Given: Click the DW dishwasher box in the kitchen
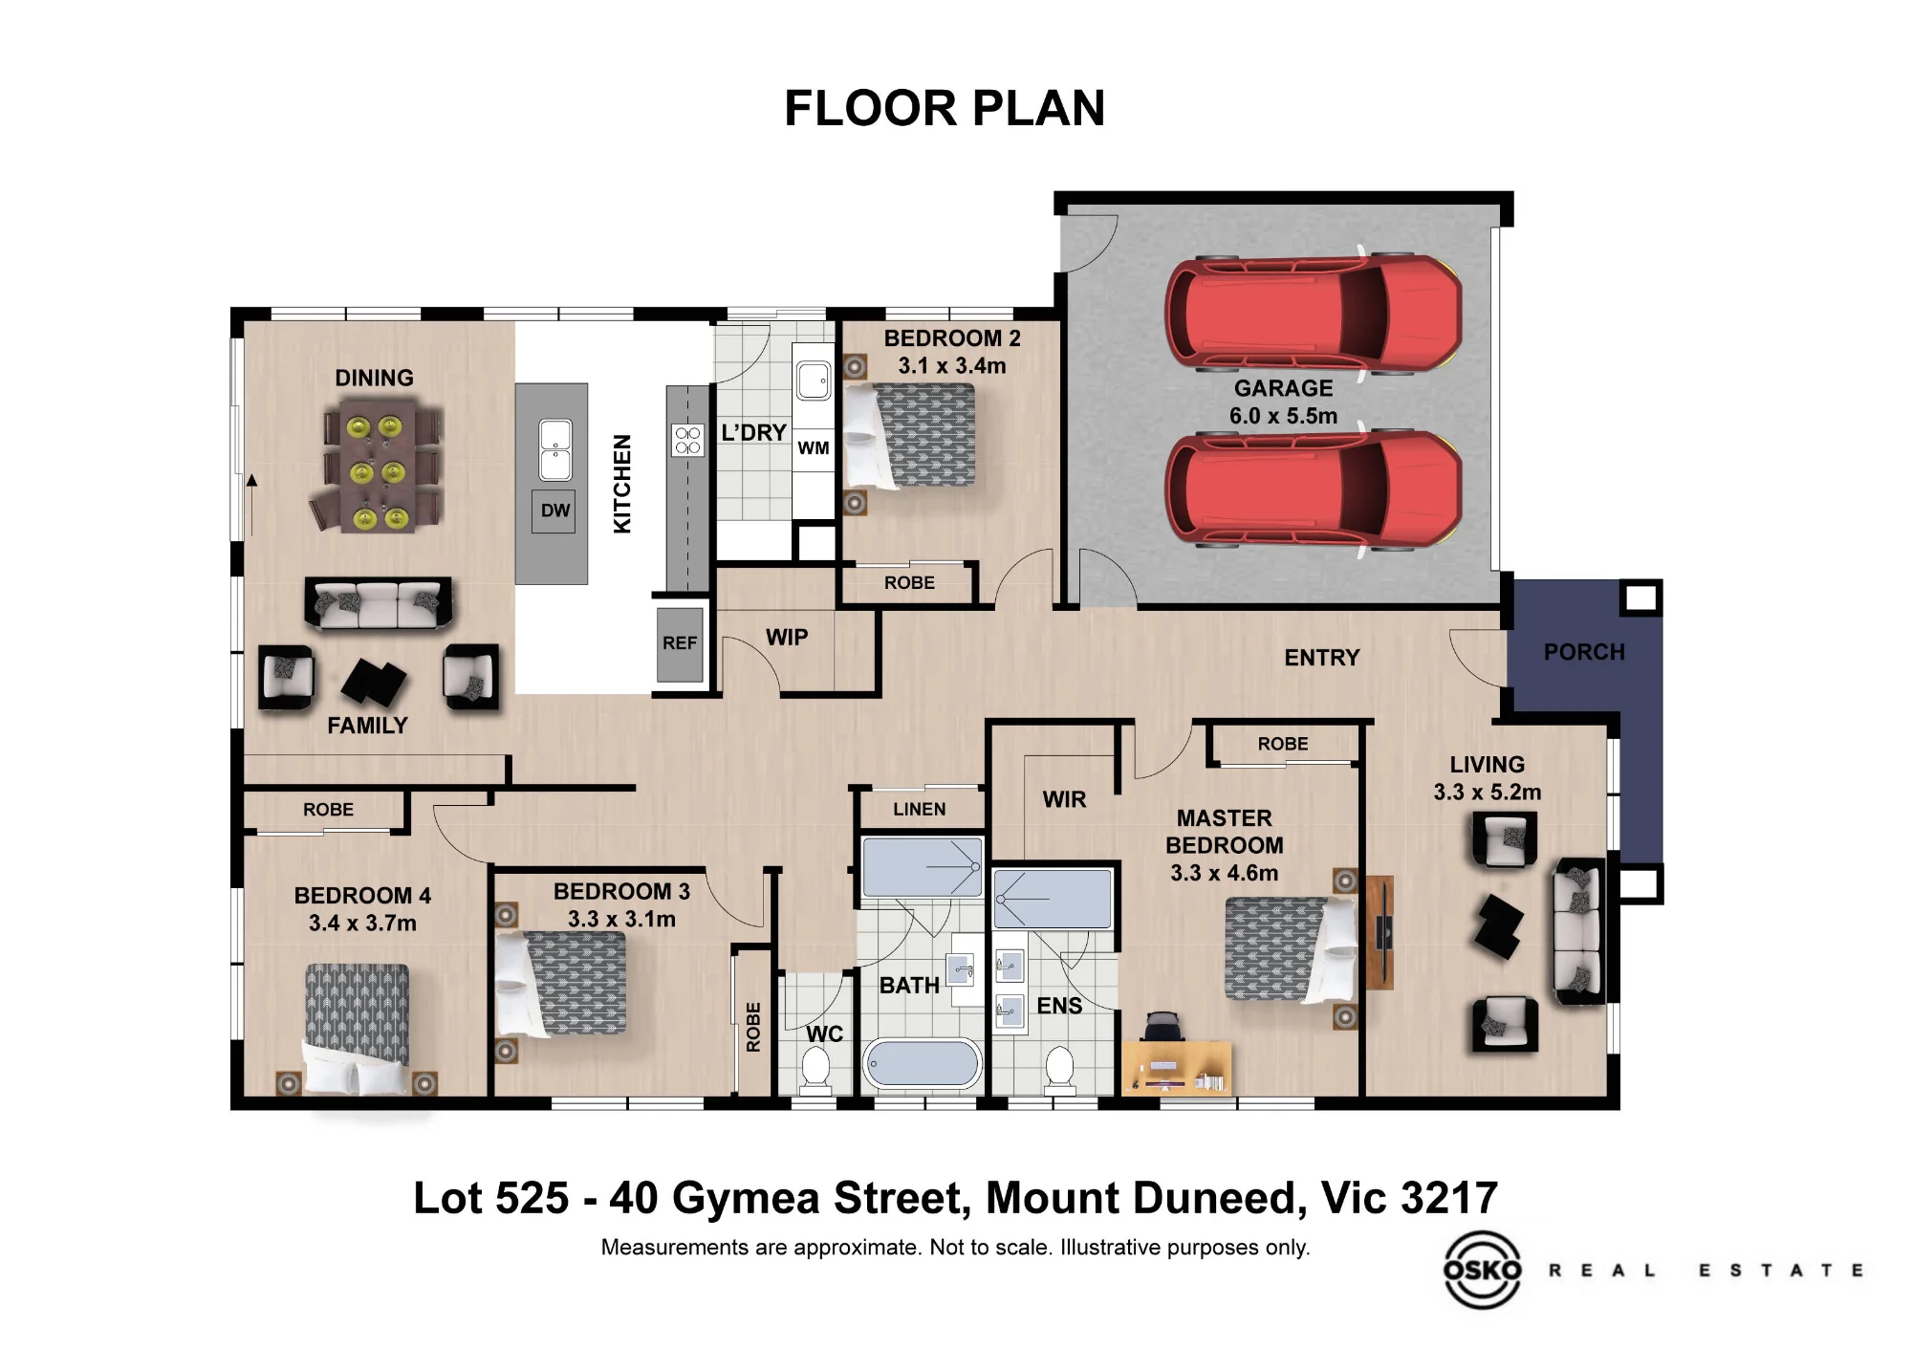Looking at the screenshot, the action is click(x=554, y=511).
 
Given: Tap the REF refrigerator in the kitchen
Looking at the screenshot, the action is click(x=680, y=643).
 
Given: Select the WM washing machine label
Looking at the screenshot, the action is click(x=814, y=447).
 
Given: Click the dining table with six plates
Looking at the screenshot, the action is click(x=376, y=467).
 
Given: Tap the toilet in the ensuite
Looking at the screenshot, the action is click(x=1059, y=1068).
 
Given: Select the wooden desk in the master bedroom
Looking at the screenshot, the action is click(x=1177, y=1067).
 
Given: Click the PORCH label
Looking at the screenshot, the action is click(x=1584, y=652).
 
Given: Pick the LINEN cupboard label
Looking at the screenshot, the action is click(x=920, y=809).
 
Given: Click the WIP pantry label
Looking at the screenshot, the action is click(x=787, y=638).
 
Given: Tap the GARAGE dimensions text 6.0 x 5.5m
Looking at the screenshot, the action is click(x=1283, y=416).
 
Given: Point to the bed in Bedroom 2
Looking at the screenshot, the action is click(x=910, y=435).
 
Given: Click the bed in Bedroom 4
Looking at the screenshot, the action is click(x=357, y=1029).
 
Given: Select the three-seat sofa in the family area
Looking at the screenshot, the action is click(x=379, y=603).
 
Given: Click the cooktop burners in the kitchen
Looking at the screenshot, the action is click(x=687, y=440).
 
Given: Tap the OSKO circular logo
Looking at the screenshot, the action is click(x=1482, y=1270).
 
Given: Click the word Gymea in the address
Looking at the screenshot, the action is click(x=745, y=1199).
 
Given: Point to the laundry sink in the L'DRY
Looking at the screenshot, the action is click(x=814, y=380).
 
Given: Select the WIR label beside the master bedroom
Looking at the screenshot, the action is click(x=1064, y=799).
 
